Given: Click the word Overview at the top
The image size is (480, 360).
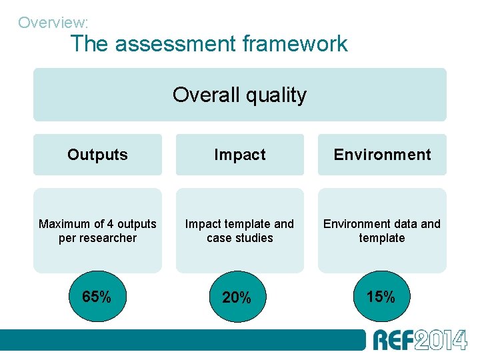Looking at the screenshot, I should click(51, 23).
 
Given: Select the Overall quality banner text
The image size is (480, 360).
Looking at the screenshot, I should click(239, 95).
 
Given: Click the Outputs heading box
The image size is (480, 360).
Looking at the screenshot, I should click(97, 155).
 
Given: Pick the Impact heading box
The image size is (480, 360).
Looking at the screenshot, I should click(239, 155).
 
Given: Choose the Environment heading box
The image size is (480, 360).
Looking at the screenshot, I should click(382, 155).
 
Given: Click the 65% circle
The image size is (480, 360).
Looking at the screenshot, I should click(97, 297).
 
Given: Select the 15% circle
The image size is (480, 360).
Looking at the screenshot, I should click(381, 297).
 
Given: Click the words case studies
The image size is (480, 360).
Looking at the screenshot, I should click(240, 238).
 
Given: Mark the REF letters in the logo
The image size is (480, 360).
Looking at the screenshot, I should click(393, 340).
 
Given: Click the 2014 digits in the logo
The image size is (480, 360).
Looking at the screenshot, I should click(441, 340).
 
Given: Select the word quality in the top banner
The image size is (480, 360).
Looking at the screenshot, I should click(276, 95).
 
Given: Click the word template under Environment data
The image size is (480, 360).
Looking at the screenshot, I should click(382, 238).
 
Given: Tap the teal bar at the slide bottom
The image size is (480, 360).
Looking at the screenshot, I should click(180, 340).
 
